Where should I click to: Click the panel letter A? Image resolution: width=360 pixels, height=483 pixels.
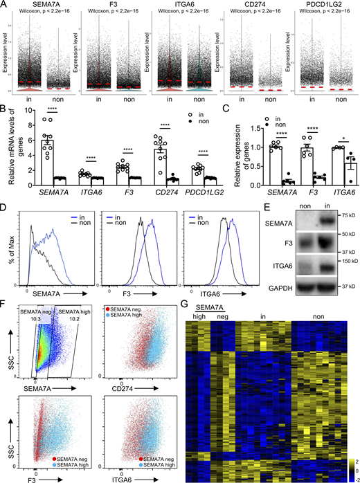4,5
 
